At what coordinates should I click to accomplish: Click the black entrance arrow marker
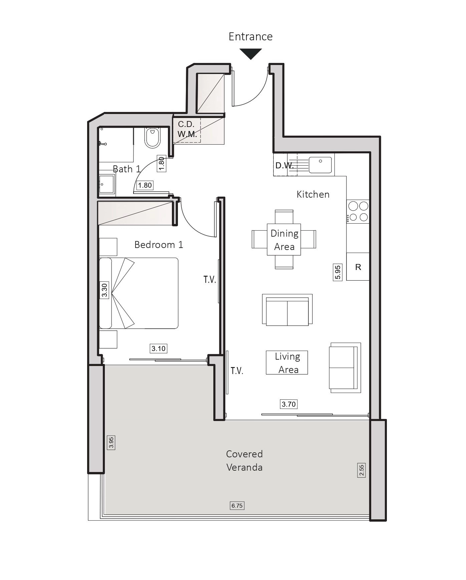click(x=251, y=54)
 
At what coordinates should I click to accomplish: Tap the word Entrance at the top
click(x=251, y=36)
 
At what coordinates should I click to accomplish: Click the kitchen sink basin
click(x=320, y=165)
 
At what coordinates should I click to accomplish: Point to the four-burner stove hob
click(x=358, y=212)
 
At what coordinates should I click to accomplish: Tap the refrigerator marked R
click(x=358, y=267)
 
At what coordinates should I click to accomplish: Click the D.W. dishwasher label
click(x=284, y=166)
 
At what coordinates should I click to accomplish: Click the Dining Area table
click(x=284, y=239)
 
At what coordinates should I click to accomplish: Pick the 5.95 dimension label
click(x=338, y=272)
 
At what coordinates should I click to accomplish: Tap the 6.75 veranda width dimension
click(x=237, y=506)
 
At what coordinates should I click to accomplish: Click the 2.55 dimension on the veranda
click(x=362, y=470)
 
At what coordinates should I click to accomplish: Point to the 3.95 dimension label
click(x=111, y=442)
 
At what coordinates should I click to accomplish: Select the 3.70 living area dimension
click(x=289, y=404)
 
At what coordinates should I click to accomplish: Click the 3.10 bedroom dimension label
click(x=159, y=349)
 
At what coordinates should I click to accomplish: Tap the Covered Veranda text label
click(x=245, y=460)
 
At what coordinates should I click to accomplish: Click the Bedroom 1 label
click(x=159, y=245)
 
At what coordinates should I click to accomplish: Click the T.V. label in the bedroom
click(x=210, y=280)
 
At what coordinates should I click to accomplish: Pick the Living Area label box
click(x=287, y=363)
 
